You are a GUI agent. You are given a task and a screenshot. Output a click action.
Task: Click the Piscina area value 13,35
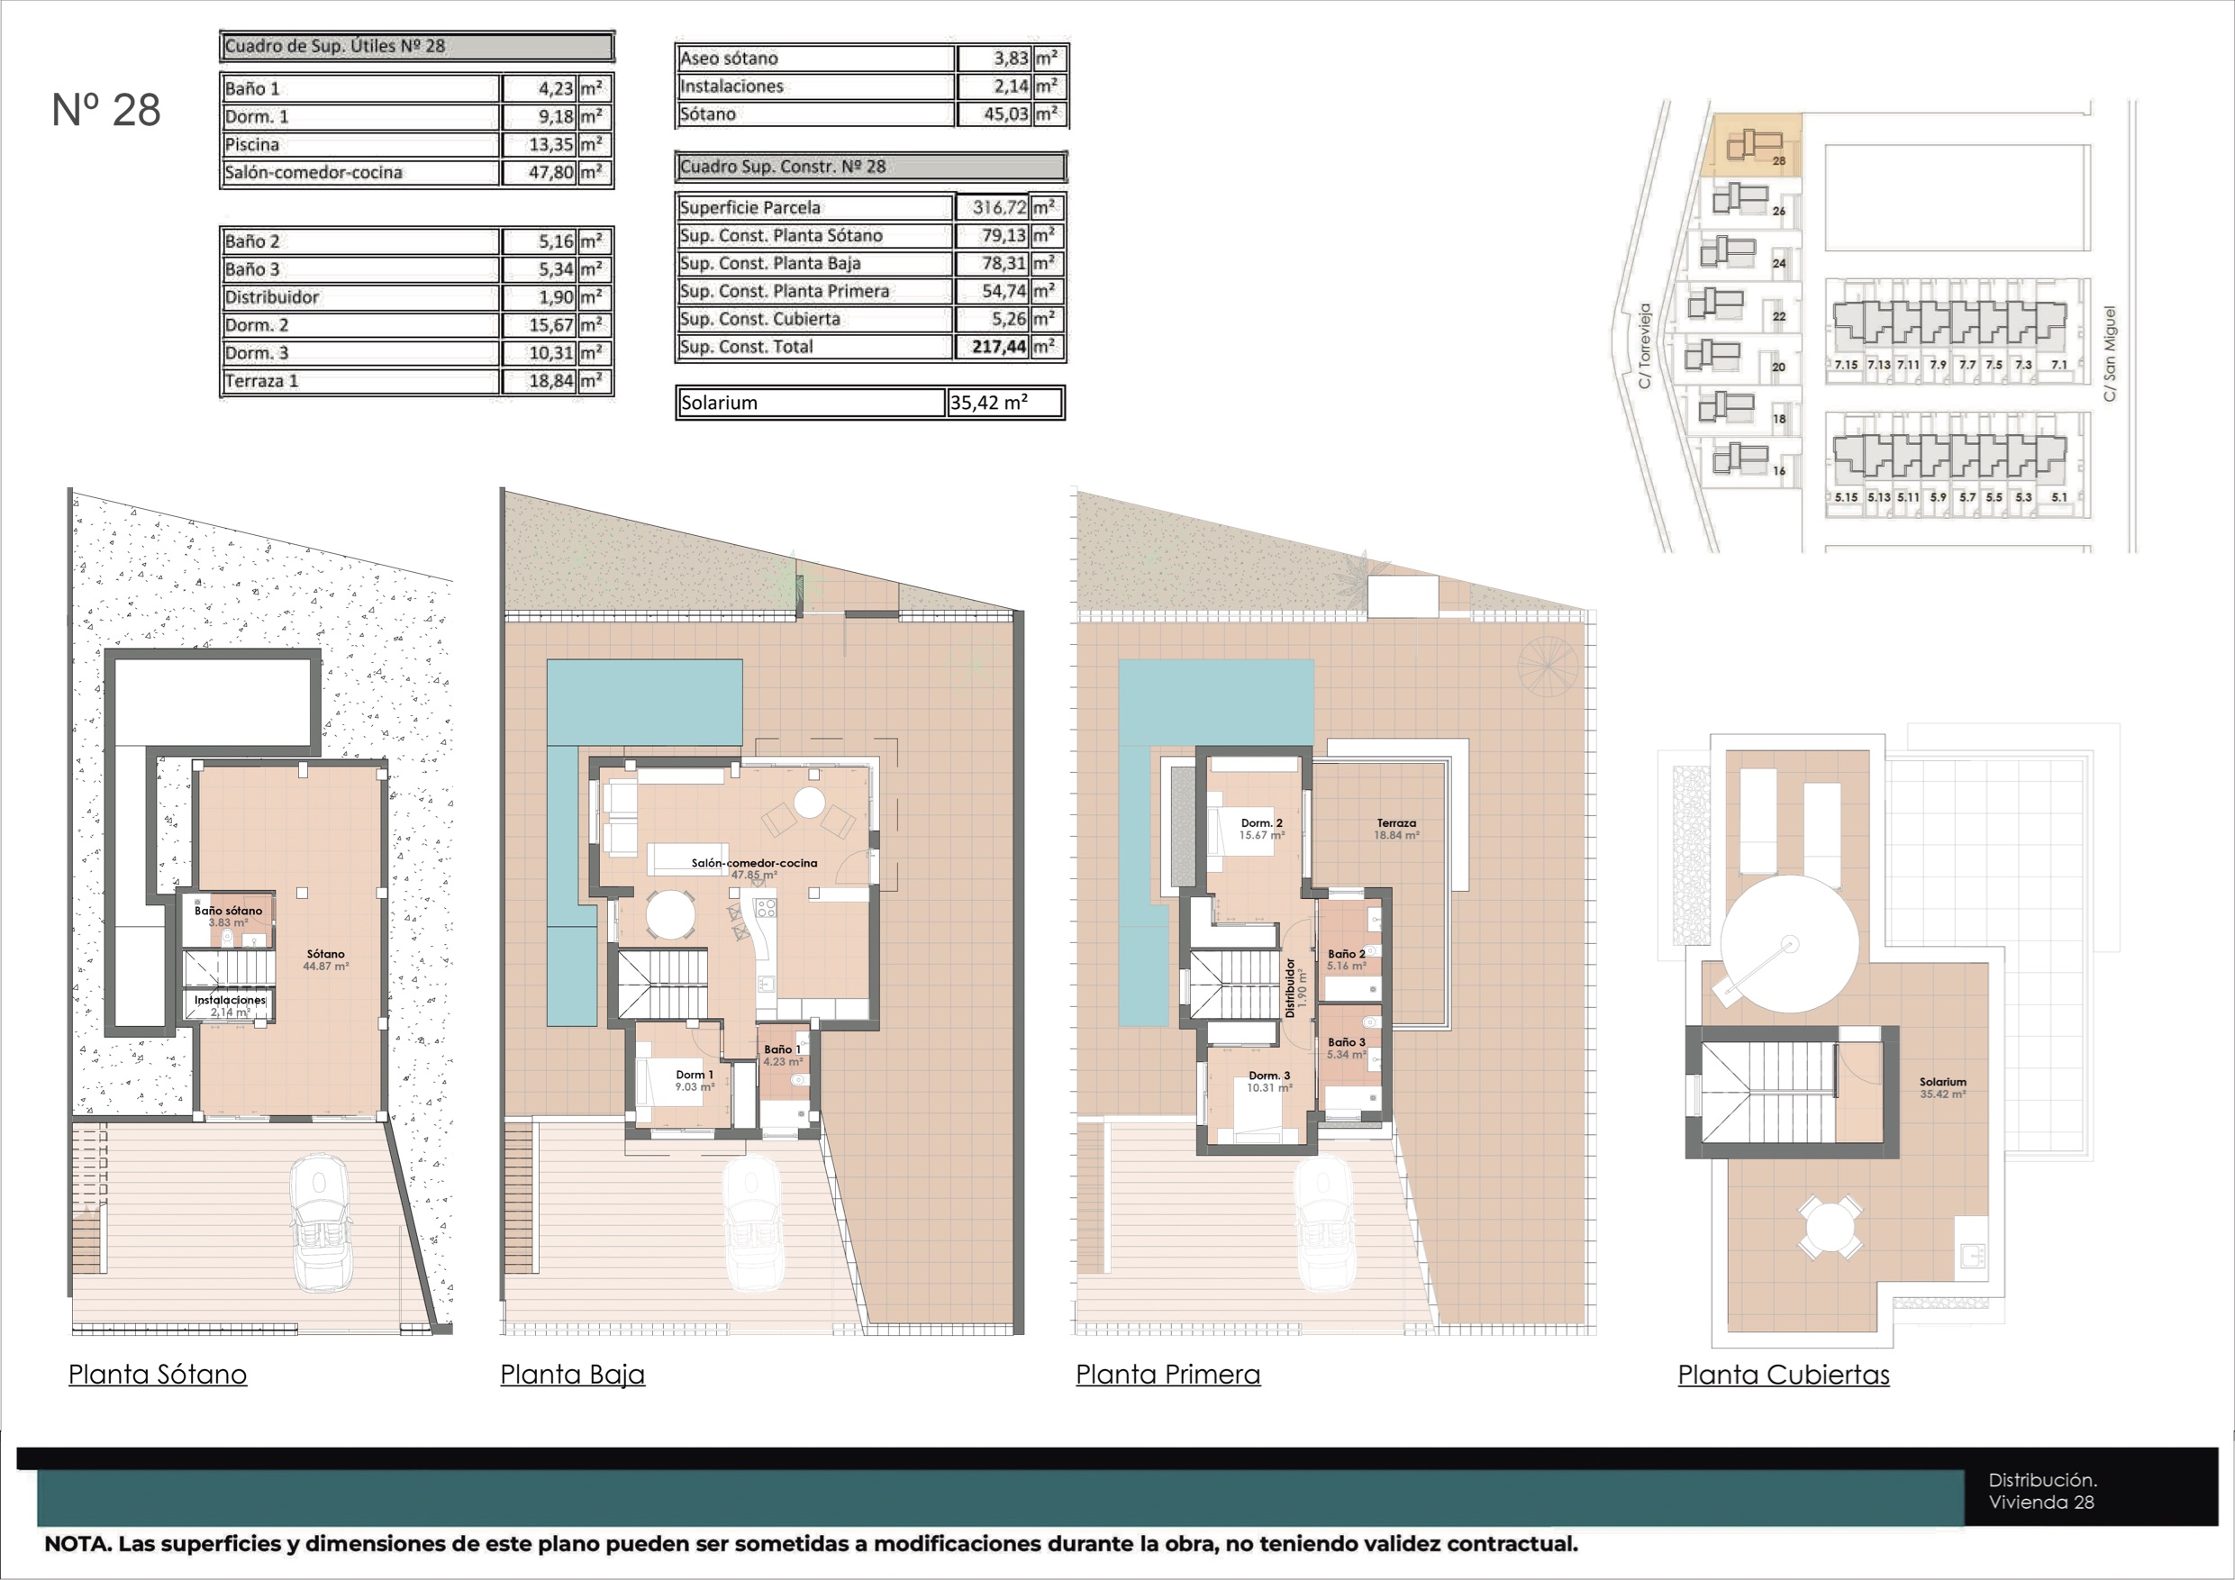click(551, 145)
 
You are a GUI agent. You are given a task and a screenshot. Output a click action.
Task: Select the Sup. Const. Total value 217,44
click(999, 347)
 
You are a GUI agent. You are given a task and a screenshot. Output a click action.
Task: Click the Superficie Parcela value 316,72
click(1000, 207)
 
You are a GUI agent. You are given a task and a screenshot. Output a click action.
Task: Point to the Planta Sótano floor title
click(158, 1375)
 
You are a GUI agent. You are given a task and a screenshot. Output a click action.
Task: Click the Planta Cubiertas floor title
click(1784, 1375)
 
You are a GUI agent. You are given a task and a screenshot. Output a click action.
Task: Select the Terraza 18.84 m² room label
click(1396, 830)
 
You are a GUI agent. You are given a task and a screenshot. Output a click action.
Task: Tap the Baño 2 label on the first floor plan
click(1346, 954)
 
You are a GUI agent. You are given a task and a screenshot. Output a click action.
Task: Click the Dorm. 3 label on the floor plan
click(1269, 1076)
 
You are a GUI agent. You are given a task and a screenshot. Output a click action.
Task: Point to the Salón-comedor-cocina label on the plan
click(754, 863)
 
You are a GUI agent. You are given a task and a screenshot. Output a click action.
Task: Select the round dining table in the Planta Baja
click(671, 915)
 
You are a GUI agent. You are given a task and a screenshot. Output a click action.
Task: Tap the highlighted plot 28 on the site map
click(1751, 146)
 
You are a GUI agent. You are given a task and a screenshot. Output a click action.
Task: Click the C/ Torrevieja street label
click(1644, 346)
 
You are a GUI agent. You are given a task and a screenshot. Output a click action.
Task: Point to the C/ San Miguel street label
click(2110, 353)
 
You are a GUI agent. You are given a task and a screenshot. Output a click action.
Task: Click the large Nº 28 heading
click(106, 110)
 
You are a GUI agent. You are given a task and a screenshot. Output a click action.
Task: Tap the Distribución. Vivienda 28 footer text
click(2042, 1491)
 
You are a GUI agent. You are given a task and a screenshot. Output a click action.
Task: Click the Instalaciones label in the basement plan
click(230, 1000)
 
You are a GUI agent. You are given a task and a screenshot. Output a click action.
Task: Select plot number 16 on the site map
click(1778, 471)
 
